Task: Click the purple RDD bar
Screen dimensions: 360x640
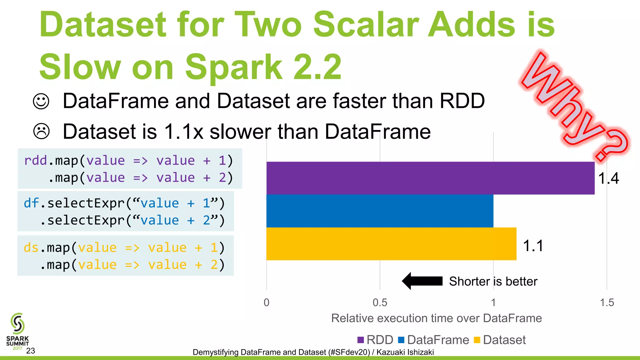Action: [x=430, y=178]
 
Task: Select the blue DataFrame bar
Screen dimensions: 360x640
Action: [x=380, y=211]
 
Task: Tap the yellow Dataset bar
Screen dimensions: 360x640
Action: [x=391, y=244]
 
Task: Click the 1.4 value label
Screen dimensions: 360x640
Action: [x=608, y=178]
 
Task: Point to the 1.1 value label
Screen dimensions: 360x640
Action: [x=533, y=246]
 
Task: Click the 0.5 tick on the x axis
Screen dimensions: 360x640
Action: [x=380, y=302]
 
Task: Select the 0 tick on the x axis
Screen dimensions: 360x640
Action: [x=267, y=302]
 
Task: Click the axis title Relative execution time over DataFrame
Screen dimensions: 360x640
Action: [x=436, y=318]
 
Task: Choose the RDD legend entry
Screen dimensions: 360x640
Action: [x=376, y=340]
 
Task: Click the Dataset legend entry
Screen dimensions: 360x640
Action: [x=500, y=340]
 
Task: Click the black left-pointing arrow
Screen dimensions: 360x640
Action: [x=422, y=281]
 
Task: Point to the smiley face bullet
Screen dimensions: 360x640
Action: [x=41, y=101]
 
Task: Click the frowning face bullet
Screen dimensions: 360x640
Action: [x=41, y=131]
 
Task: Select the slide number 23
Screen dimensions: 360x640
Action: [x=31, y=351]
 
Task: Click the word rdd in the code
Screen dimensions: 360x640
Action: [x=36, y=161]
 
